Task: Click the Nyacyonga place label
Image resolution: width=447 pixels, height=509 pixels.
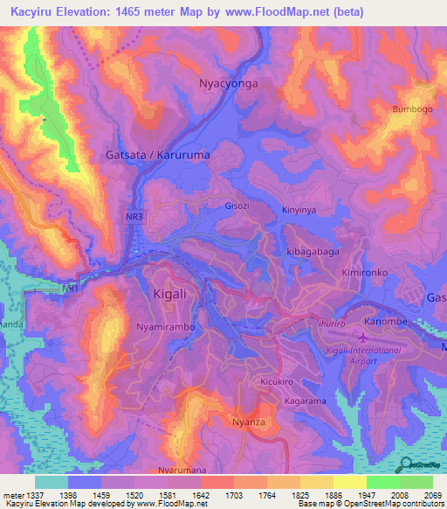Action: [x=224, y=84]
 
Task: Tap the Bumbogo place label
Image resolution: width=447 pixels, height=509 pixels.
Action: [x=412, y=109]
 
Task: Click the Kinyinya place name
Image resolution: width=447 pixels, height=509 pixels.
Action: [x=302, y=210]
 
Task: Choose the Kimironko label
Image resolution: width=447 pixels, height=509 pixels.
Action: [x=364, y=273]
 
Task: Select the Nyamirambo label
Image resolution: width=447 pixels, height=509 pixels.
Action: [x=165, y=326]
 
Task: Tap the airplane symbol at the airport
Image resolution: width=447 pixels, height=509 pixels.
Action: [x=362, y=336]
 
